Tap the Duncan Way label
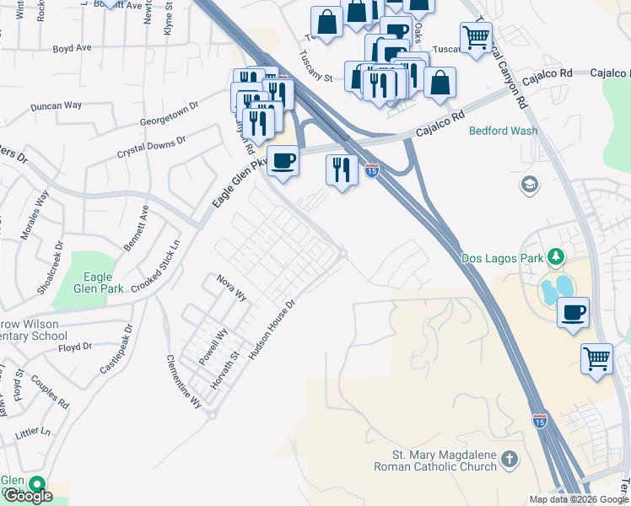click(56, 106)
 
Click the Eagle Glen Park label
click(104, 283)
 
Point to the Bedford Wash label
click(503, 132)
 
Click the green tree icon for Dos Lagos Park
click(555, 256)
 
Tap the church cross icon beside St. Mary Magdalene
click(509, 460)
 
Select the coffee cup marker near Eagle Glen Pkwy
click(283, 159)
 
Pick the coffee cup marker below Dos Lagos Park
click(573, 311)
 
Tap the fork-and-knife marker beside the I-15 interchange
click(342, 170)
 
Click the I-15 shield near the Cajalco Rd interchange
click(372, 171)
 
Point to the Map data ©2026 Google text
click(578, 499)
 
